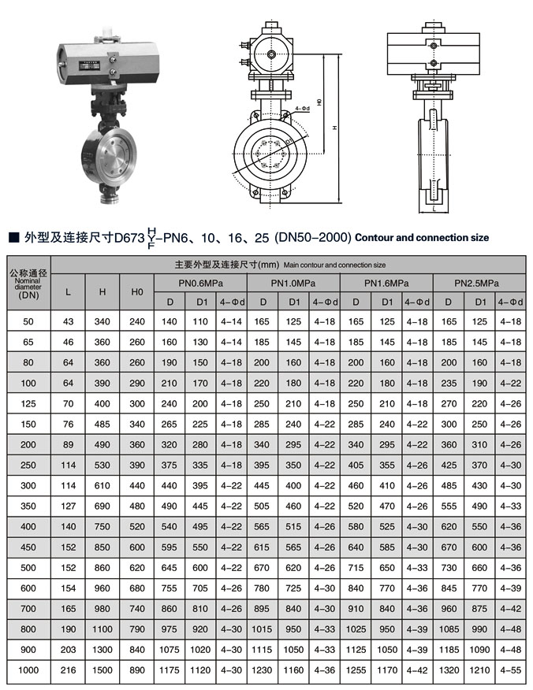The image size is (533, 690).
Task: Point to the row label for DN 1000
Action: click(x=29, y=670)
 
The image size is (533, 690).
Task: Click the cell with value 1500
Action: click(x=102, y=670)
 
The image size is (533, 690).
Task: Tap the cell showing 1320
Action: click(x=448, y=670)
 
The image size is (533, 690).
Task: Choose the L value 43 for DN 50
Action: click(x=69, y=322)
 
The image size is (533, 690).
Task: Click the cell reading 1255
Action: click(x=355, y=670)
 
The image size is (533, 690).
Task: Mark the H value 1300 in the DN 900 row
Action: click(x=102, y=649)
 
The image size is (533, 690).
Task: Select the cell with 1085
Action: click(x=448, y=629)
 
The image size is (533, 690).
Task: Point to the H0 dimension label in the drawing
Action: click(x=319, y=102)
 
